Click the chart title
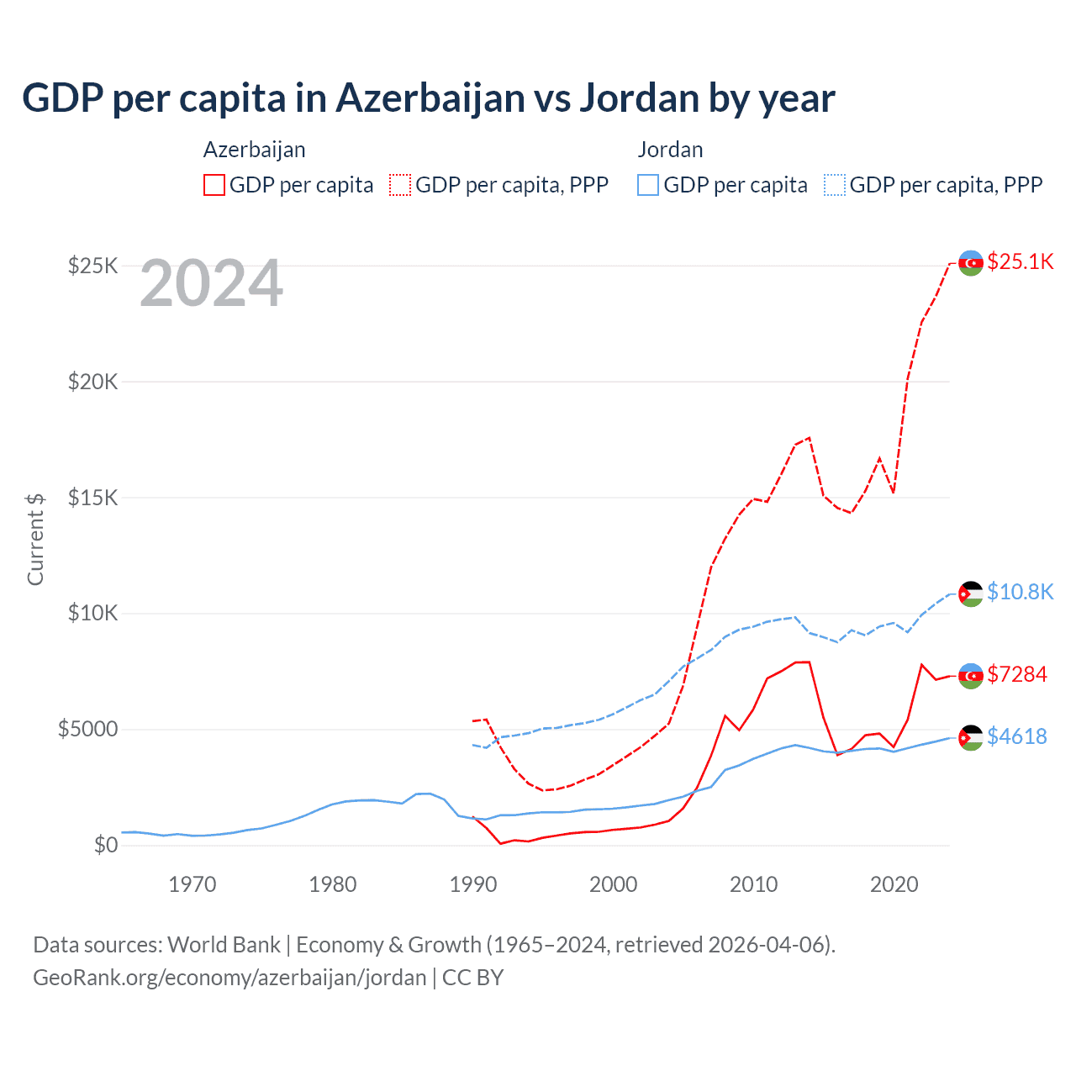(x=429, y=98)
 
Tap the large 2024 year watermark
(x=211, y=284)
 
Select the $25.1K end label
(x=1020, y=261)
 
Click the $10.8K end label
(x=1020, y=592)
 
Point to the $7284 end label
(x=1016, y=674)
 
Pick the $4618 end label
(x=1016, y=736)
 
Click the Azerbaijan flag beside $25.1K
(x=971, y=262)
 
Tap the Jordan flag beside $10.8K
(x=971, y=593)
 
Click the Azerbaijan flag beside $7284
(x=971, y=676)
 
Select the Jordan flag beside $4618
(x=971, y=737)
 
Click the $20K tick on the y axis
(x=93, y=382)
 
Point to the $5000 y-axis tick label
(x=88, y=729)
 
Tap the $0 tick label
(x=106, y=845)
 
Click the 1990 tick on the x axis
(x=473, y=884)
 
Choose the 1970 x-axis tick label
(x=193, y=884)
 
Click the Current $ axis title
(x=35, y=539)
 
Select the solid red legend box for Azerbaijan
(x=214, y=185)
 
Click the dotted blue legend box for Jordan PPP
(x=835, y=185)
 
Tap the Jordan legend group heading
(x=670, y=150)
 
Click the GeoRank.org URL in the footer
(x=229, y=978)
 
